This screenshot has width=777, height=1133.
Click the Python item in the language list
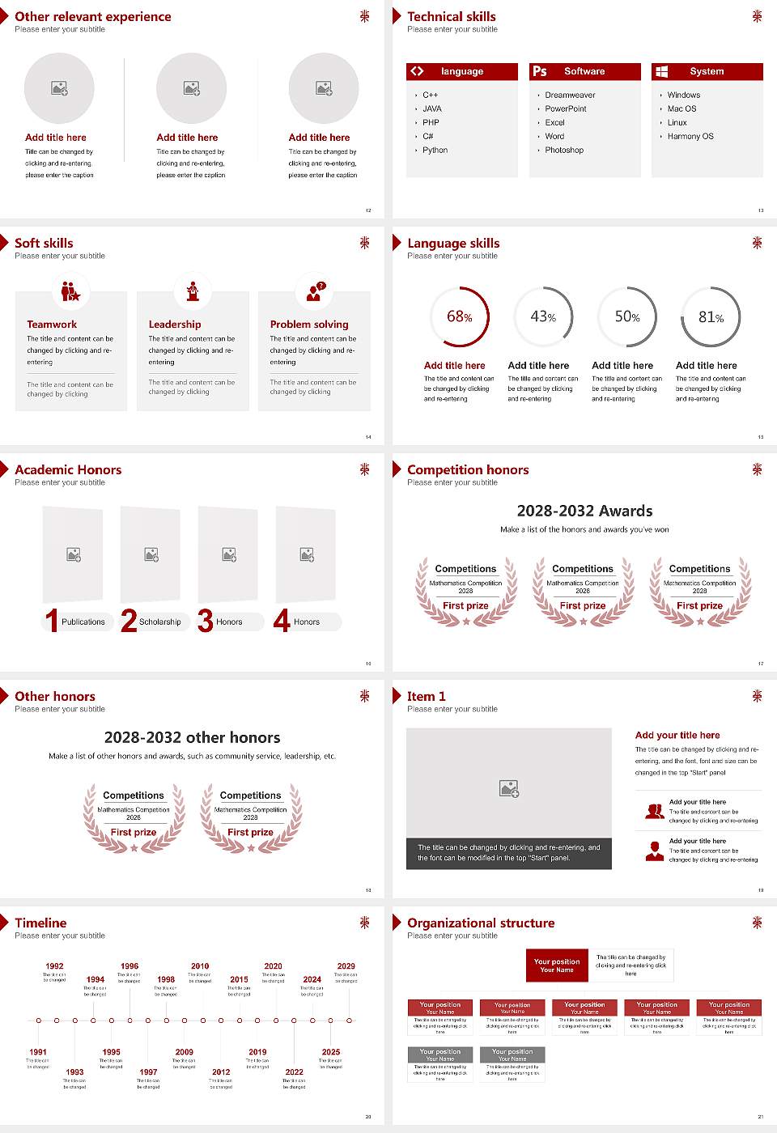435,151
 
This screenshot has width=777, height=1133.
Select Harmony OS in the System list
690,137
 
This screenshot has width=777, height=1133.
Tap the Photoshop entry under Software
564,151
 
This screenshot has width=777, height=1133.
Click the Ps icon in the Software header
540,71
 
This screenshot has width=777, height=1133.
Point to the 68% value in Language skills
459,316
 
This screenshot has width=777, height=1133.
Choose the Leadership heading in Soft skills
175,325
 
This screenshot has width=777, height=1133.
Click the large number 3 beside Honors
206,621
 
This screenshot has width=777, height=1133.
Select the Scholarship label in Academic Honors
159,622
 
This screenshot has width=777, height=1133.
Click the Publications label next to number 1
83,622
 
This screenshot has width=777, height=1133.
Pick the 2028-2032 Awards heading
584,511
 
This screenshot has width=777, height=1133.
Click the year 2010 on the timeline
200,966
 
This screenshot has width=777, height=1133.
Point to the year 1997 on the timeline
148,1071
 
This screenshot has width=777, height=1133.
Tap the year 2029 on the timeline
346,966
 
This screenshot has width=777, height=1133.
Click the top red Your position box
557,965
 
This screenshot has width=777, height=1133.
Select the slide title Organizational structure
481,923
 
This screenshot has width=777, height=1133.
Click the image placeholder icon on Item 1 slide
509,787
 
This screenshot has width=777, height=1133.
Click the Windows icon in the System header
662,71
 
